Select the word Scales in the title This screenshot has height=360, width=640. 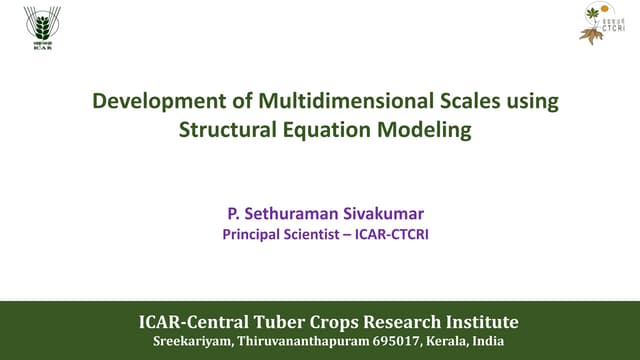pyautogui.click(x=447, y=101)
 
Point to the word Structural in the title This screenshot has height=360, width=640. pyautogui.click(x=225, y=129)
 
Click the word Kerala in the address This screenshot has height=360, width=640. pyautogui.click(x=445, y=342)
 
